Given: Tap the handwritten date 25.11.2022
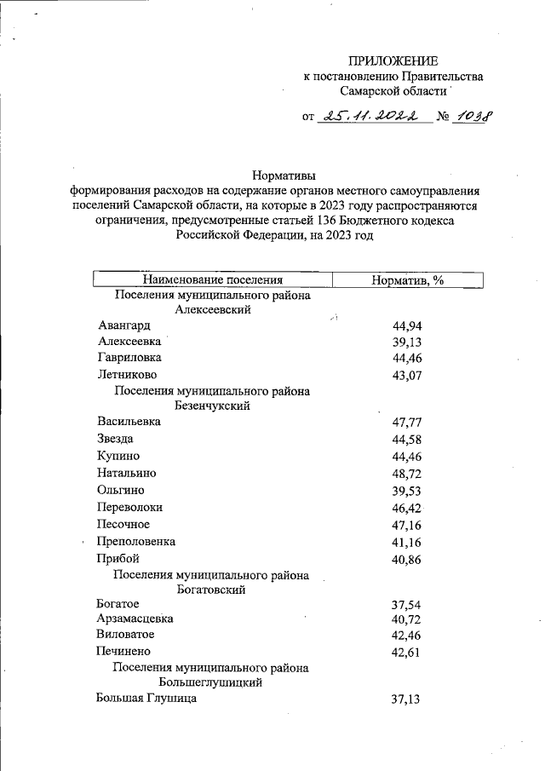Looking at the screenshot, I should pyautogui.click(x=372, y=117).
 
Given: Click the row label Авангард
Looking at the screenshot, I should pyautogui.click(x=124, y=325).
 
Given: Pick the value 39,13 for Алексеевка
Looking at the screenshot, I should pyautogui.click(x=407, y=342).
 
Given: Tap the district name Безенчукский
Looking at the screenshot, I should pyautogui.click(x=211, y=406).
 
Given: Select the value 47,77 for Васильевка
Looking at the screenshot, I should pyautogui.click(x=407, y=423).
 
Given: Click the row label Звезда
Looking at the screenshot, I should pyautogui.click(x=116, y=439).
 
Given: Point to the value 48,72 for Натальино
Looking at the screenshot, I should pyautogui.click(x=407, y=473).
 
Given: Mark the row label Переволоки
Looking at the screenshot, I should pyautogui.click(x=130, y=507).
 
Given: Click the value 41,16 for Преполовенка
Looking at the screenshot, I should pyautogui.click(x=407, y=542).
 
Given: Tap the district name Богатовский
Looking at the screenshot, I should pyautogui.click(x=211, y=590).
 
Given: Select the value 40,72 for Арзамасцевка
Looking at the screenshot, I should pyautogui.click(x=407, y=620).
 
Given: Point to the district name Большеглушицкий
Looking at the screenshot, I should pyautogui.click(x=210, y=682).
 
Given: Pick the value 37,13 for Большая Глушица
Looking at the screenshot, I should pyautogui.click(x=407, y=699).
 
